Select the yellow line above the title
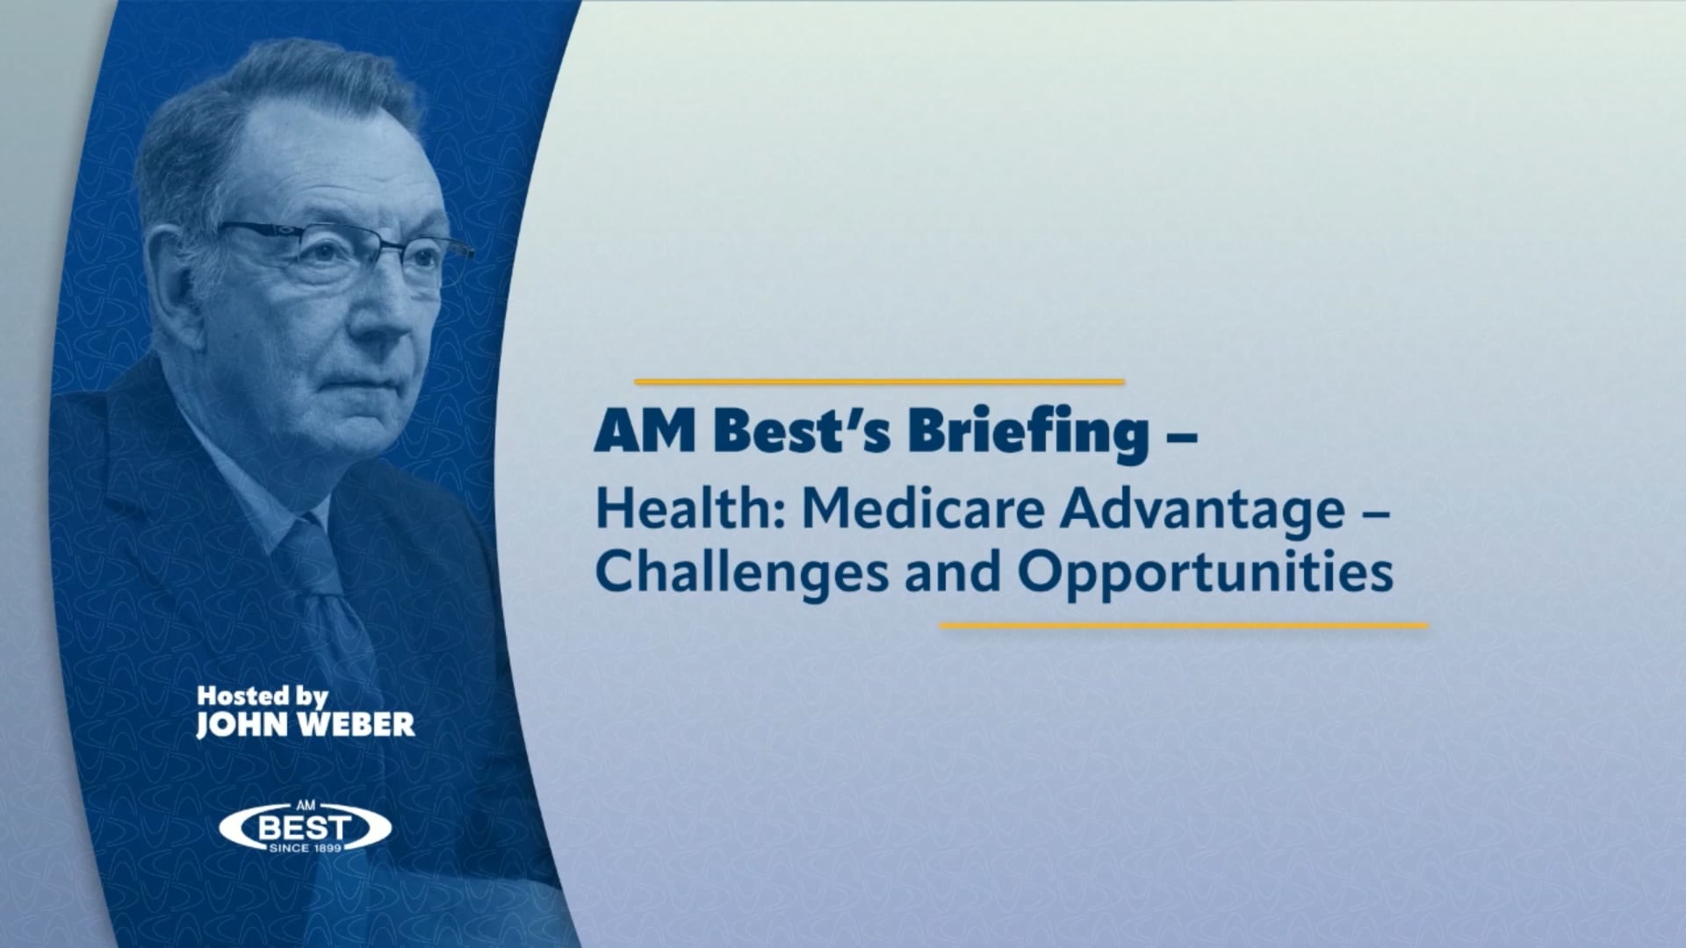(x=879, y=382)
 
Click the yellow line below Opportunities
(x=1184, y=626)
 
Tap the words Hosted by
(x=262, y=696)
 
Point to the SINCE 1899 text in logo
(x=306, y=849)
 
